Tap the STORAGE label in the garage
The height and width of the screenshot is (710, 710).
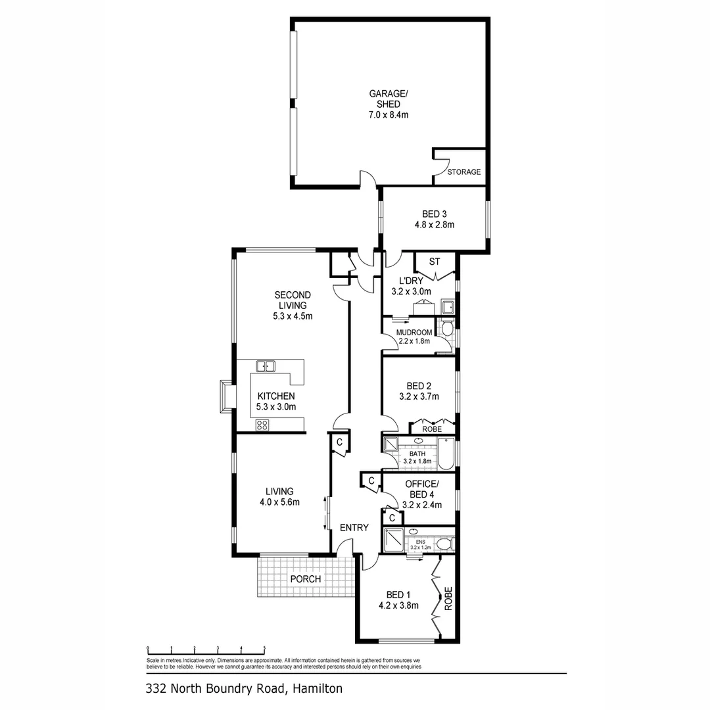(x=464, y=172)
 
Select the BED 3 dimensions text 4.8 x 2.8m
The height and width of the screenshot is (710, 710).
(x=435, y=225)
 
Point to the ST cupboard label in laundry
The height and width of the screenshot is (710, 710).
(x=434, y=262)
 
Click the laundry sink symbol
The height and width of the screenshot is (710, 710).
(x=448, y=307)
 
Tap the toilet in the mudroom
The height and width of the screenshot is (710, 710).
(x=447, y=328)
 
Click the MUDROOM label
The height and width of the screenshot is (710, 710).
(x=414, y=333)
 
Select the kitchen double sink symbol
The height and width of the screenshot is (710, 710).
(x=266, y=366)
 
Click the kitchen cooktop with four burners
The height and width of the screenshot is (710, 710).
(x=262, y=425)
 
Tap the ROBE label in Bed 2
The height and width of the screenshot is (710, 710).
(x=431, y=429)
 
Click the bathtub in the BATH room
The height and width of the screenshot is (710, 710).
(x=446, y=454)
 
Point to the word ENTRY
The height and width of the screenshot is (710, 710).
(x=354, y=528)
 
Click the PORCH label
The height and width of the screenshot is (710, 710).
(x=306, y=579)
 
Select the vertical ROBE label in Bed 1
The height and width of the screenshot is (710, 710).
(x=448, y=599)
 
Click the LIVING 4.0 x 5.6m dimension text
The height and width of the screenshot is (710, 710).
(x=279, y=503)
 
